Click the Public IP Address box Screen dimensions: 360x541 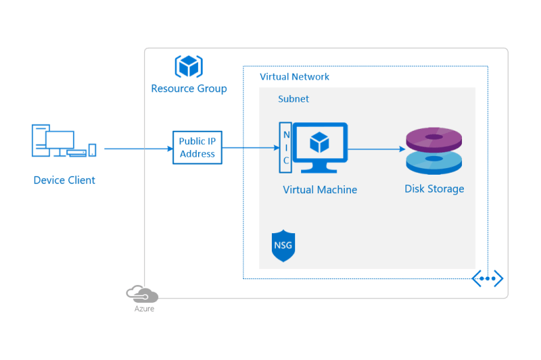[x=197, y=147]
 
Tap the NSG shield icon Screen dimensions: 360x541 [x=282, y=246]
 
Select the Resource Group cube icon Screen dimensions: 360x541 [x=189, y=66]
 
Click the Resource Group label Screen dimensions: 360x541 [x=189, y=88]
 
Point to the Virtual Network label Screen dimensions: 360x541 [x=294, y=76]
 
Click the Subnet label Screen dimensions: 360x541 [x=293, y=99]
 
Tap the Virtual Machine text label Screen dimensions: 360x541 [x=320, y=190]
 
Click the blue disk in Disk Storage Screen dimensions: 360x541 [x=434, y=161]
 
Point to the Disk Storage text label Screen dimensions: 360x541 [x=434, y=189]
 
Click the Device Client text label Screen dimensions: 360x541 [x=64, y=180]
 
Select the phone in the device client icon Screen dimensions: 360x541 [x=92, y=150]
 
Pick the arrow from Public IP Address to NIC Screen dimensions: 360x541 [x=251, y=148]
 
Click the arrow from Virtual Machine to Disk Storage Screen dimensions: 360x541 [x=376, y=148]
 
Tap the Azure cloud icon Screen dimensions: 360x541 [x=142, y=293]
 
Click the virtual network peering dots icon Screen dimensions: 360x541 [x=487, y=278]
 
